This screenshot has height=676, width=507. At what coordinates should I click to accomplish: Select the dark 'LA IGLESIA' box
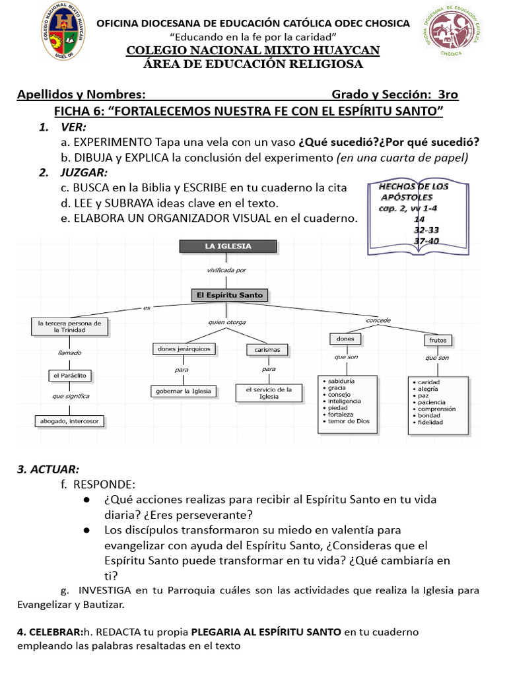click(x=228, y=246)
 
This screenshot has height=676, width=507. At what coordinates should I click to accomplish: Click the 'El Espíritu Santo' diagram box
click(x=229, y=295)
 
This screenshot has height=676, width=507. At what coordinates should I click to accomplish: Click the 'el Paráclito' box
click(x=69, y=376)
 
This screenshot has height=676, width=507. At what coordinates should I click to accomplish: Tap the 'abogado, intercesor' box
click(x=69, y=421)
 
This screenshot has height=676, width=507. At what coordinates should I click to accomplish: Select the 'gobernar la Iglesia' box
click(x=184, y=391)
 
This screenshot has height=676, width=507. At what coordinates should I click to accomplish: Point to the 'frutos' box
click(x=438, y=341)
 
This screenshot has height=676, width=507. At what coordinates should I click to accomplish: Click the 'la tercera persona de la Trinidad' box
click(x=69, y=327)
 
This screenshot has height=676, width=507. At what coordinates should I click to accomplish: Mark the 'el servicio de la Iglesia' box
click(x=269, y=393)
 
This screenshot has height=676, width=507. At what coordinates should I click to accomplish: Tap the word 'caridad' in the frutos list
click(x=428, y=382)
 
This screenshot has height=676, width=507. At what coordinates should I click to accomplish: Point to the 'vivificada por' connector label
click(x=227, y=270)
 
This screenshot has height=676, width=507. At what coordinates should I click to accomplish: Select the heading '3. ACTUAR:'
click(x=48, y=469)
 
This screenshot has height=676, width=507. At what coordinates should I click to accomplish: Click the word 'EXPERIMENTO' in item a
click(x=113, y=143)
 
